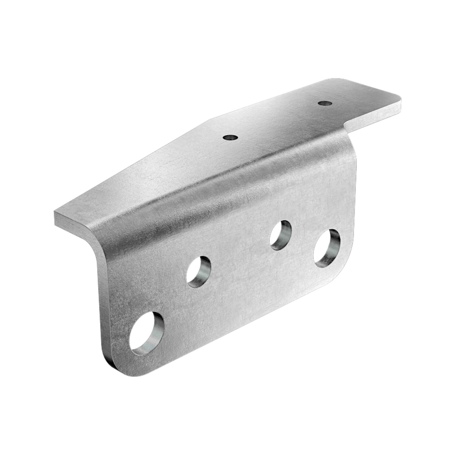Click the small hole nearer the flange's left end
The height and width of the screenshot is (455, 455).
coord(230,137)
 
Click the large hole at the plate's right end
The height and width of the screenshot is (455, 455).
coord(327,247)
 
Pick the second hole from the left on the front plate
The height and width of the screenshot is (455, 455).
coord(199,271)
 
